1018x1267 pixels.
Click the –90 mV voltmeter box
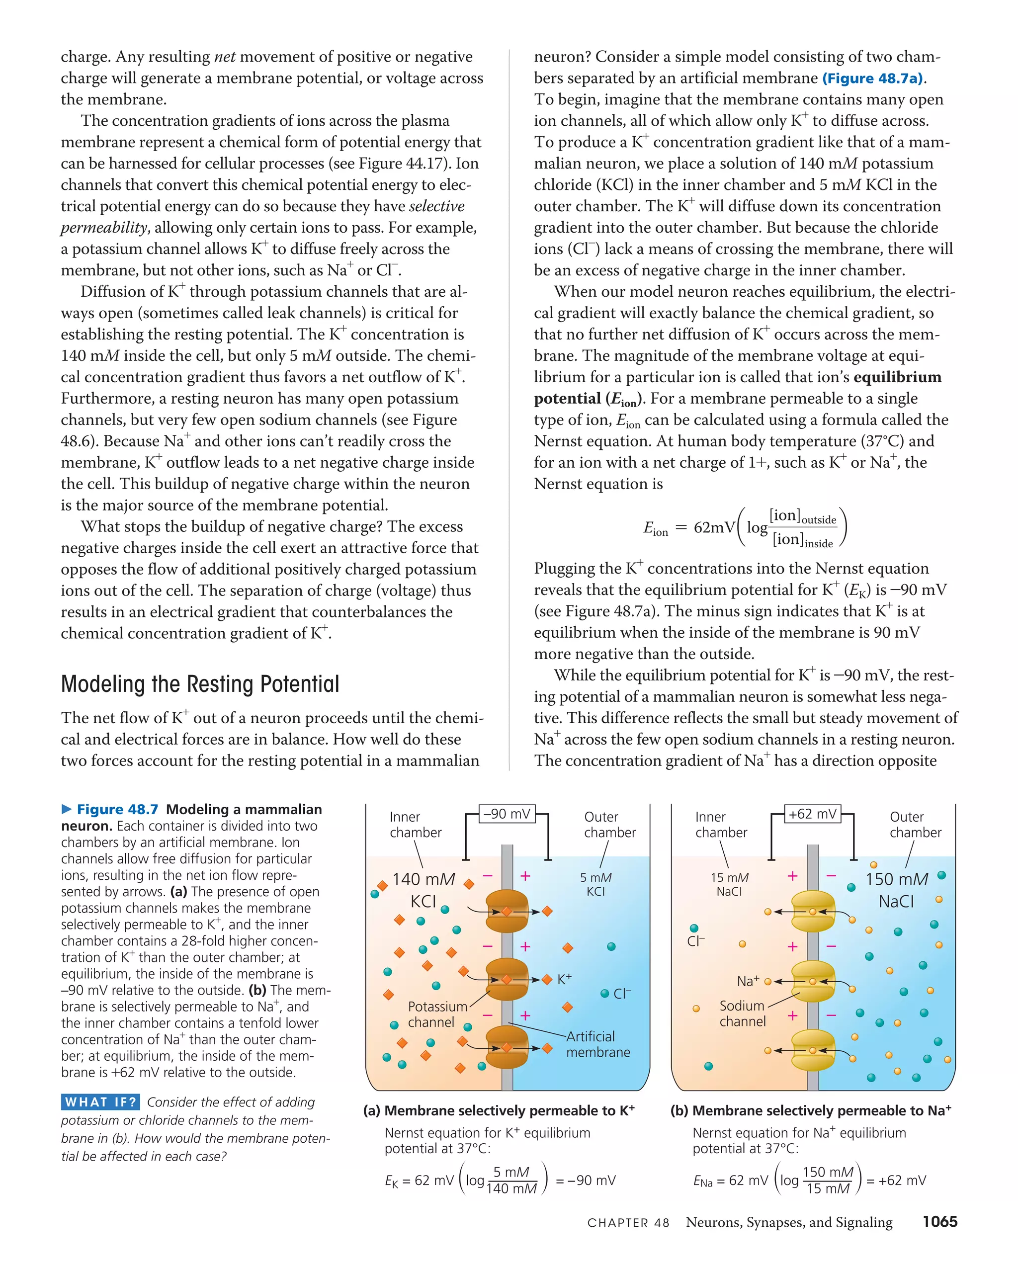(x=507, y=813)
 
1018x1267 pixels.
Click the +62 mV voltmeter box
(x=812, y=813)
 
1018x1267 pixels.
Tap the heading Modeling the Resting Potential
(x=200, y=684)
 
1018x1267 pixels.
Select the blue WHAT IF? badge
(x=100, y=1102)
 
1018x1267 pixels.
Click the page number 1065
(x=939, y=1221)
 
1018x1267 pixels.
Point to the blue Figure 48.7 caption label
(x=117, y=809)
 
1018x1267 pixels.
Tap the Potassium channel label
(x=437, y=1014)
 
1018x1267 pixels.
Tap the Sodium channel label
(x=742, y=1014)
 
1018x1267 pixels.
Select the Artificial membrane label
(x=598, y=1044)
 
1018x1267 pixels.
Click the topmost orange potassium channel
(x=507, y=912)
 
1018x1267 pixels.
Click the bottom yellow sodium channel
(x=812, y=1050)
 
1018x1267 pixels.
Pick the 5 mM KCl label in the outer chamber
(x=595, y=884)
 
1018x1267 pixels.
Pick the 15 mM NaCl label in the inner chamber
(x=729, y=884)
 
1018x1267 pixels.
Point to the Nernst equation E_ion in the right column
(x=745, y=527)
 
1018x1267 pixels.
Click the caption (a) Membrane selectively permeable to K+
(x=499, y=1111)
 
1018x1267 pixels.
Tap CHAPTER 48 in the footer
(x=628, y=1223)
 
